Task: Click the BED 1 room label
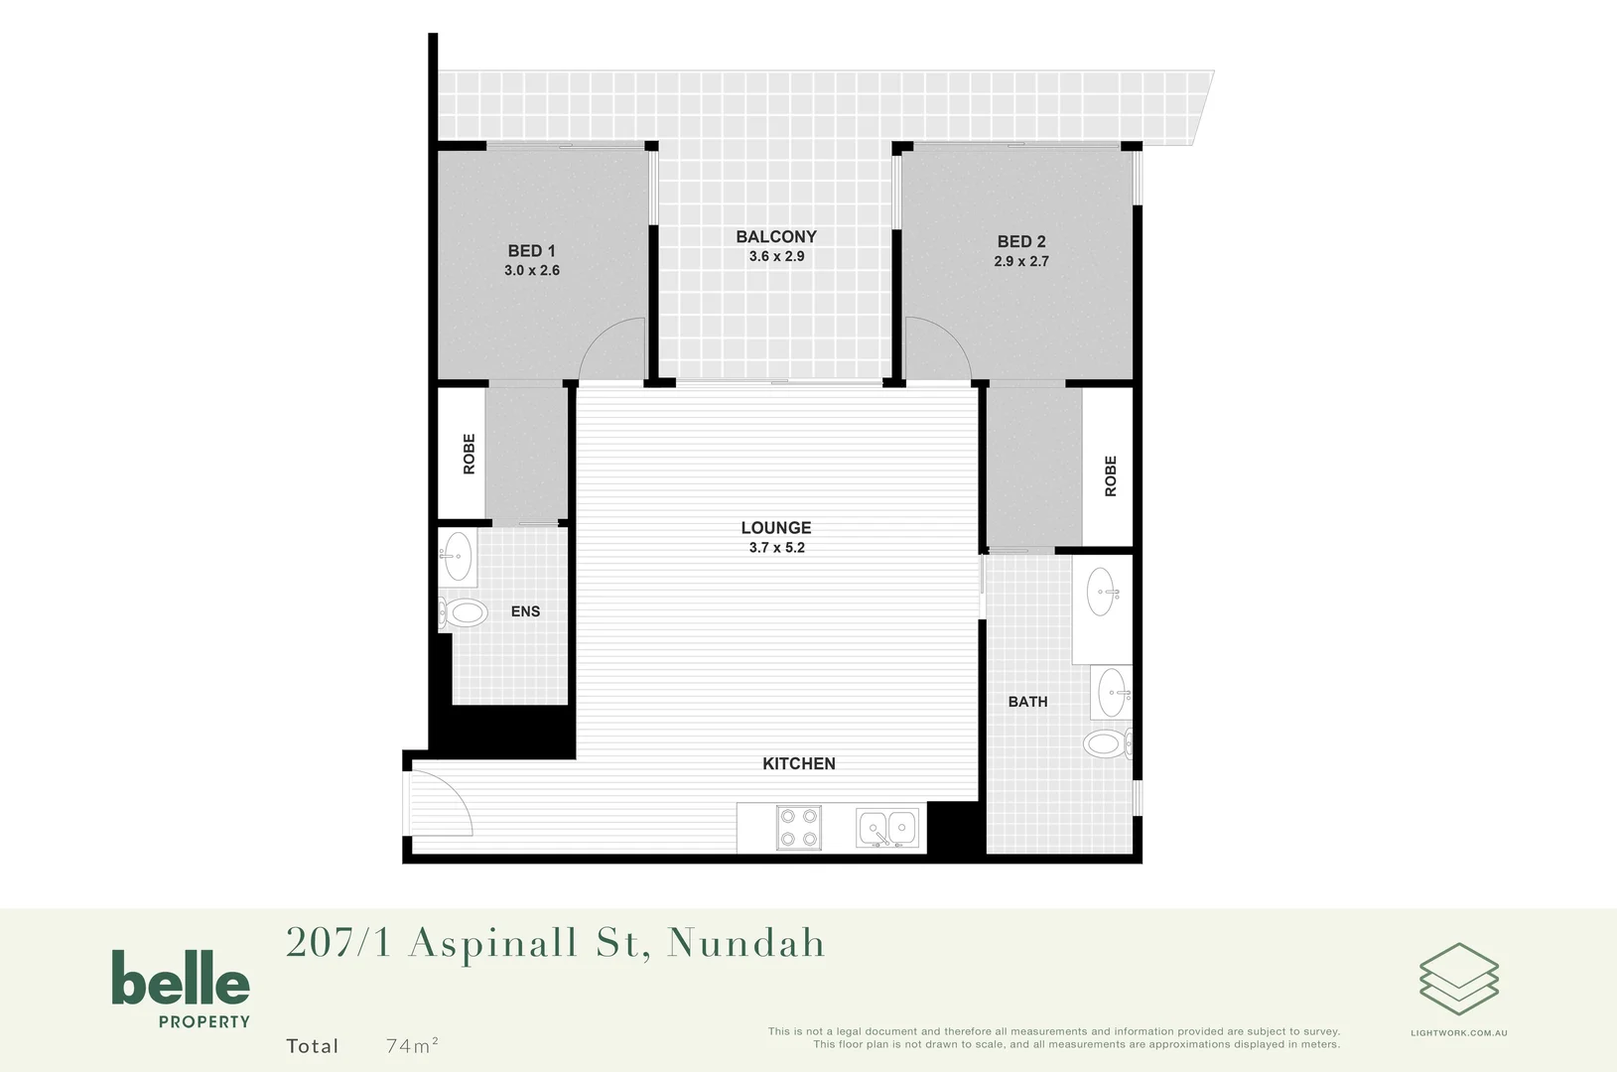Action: pos(532,251)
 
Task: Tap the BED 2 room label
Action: pos(1021,241)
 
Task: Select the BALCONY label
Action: pos(776,236)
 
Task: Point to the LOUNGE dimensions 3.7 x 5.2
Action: pos(776,548)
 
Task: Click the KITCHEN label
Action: pos(799,763)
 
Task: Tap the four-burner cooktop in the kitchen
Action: pos(799,827)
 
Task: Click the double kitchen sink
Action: pos(887,828)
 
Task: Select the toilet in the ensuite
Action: pos(464,612)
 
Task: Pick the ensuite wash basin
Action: pos(458,556)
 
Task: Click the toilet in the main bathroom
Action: pos(1105,742)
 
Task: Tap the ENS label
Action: pos(525,611)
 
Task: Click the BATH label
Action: pos(1027,702)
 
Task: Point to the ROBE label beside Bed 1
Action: pos(470,454)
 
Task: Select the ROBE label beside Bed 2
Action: pos(1111,476)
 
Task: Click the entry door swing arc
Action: pos(447,800)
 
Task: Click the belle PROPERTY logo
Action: pos(181,989)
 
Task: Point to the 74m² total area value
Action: pos(412,1045)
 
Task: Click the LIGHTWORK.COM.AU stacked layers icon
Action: pos(1458,979)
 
